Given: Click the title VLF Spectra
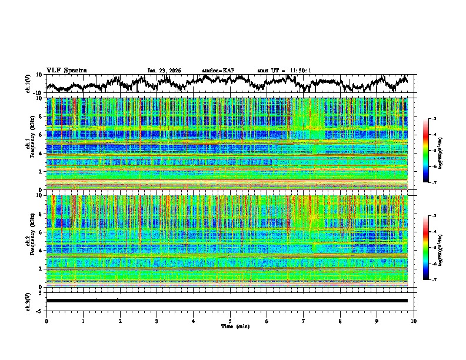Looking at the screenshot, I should [x=66, y=70].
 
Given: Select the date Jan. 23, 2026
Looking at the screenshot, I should [x=164, y=71].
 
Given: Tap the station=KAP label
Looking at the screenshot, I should [x=218, y=71].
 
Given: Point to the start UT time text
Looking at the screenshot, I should [x=284, y=71].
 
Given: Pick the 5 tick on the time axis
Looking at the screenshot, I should [x=230, y=321].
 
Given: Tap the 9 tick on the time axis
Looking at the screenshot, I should [x=377, y=321].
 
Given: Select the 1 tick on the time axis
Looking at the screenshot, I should [x=83, y=321].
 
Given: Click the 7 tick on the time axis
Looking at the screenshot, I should [x=304, y=321].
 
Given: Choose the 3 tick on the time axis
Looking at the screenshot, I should [x=157, y=321].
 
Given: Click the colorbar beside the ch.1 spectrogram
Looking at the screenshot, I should [x=427, y=151].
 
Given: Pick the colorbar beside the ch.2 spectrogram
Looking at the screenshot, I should [x=427, y=248].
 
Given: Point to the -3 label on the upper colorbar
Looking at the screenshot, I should [x=433, y=119].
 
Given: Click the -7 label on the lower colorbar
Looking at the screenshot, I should [x=433, y=280].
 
